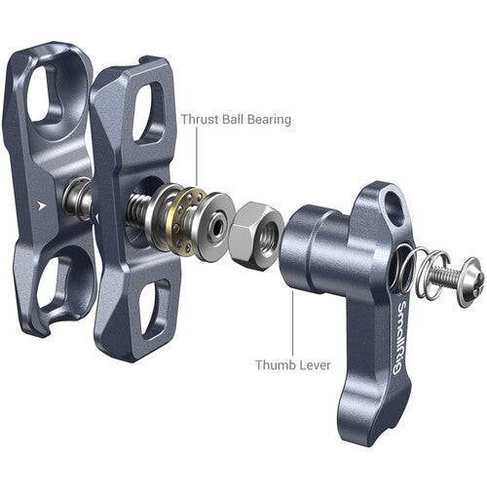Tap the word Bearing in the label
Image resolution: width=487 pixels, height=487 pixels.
[x=266, y=121]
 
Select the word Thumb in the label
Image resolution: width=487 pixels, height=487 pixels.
[x=279, y=365]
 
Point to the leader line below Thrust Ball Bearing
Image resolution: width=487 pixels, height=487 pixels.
[x=201, y=161]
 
